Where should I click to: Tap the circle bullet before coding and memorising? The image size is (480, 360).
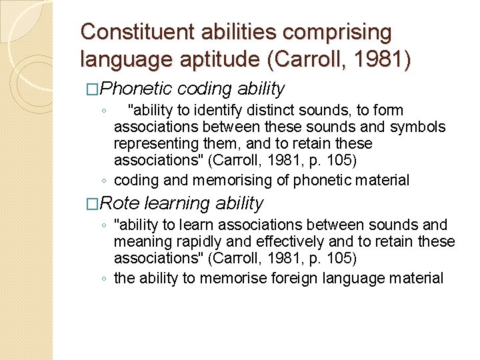[105, 181]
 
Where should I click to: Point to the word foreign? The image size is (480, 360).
[295, 278]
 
